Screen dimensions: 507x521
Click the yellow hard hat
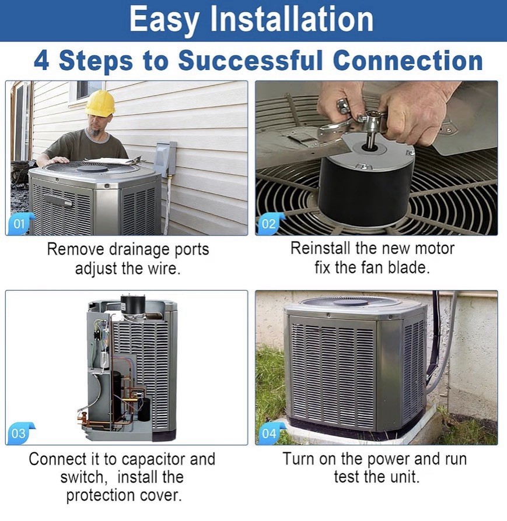click(x=100, y=103)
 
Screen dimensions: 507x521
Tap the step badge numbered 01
click(x=20, y=224)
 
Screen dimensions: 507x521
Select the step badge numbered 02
click(x=270, y=224)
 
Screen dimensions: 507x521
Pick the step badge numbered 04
click(x=270, y=433)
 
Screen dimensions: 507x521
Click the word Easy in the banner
click(x=163, y=19)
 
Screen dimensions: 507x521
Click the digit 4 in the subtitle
click(x=41, y=61)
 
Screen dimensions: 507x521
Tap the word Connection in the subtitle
click(x=408, y=61)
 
